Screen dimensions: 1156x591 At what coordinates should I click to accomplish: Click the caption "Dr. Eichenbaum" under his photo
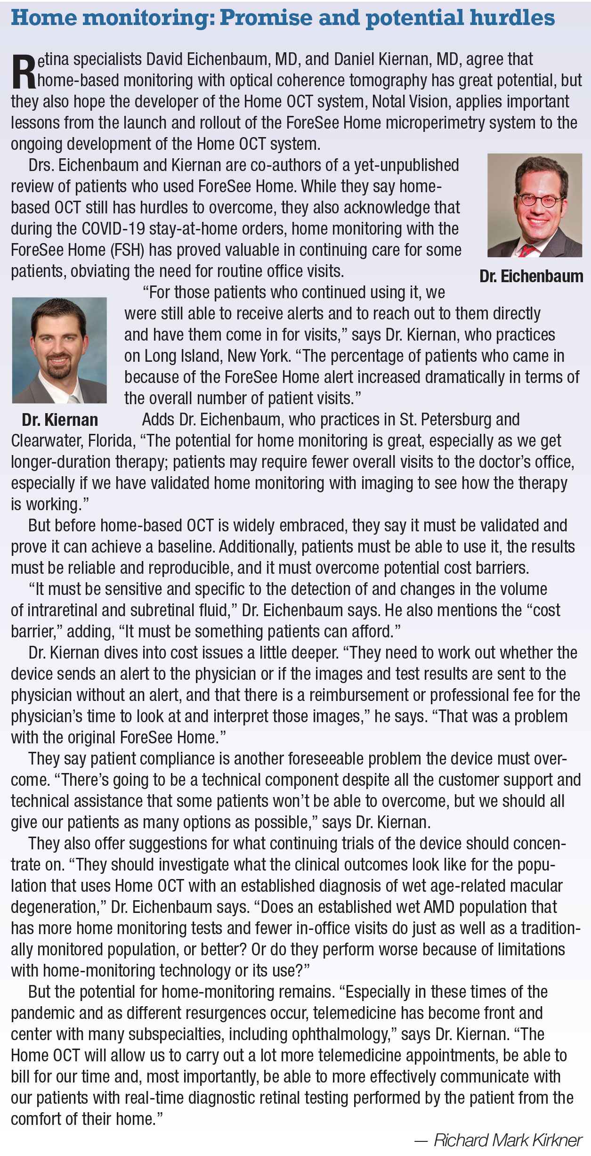pyautogui.click(x=531, y=276)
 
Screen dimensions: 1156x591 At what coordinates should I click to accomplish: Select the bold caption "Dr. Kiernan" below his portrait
pyautogui.click(x=60, y=420)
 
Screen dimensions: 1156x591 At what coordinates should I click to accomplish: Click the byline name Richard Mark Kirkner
pyautogui.click(x=508, y=1140)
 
